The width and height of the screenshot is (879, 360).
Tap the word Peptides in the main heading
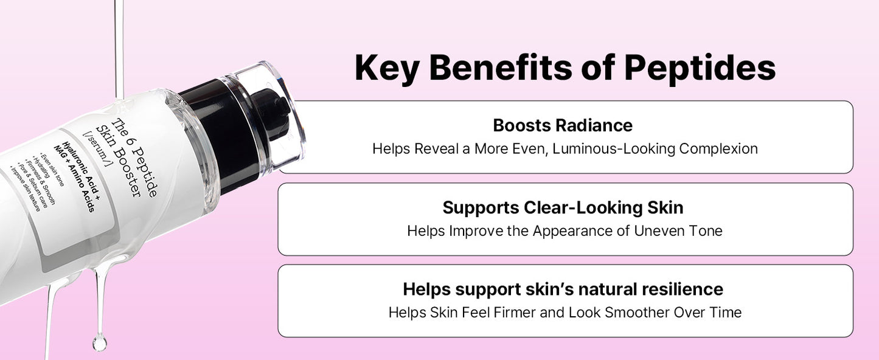pos(700,68)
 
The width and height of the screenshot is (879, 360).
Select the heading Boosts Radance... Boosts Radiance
pos(563,125)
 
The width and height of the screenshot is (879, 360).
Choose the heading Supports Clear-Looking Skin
pos(563,207)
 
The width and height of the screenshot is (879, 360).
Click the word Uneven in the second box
pos(661,231)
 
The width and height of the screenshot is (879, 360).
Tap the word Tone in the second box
pos(707,231)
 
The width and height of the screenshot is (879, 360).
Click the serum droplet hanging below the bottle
pos(99,343)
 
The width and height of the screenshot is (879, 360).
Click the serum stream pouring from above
pos(119,43)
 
